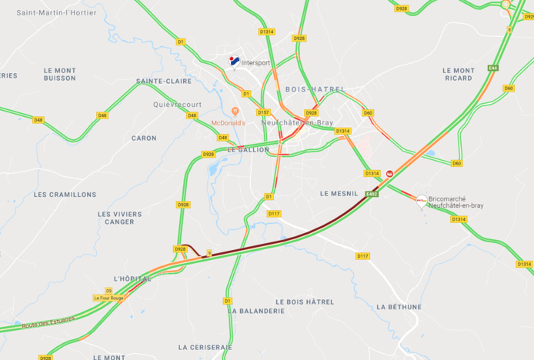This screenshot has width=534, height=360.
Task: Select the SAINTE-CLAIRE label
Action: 164,81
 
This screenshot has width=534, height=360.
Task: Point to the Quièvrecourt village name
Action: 178,105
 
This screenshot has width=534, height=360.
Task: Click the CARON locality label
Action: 144,138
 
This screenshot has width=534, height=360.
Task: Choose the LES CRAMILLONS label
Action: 65,195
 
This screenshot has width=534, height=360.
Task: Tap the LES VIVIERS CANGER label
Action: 119,218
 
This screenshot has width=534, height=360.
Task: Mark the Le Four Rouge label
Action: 108,298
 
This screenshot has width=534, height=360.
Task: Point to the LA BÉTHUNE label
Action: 399,307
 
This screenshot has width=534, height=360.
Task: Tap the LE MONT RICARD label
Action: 459,74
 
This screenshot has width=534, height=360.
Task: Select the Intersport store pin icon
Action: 234,61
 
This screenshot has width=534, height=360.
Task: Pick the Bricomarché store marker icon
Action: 421,199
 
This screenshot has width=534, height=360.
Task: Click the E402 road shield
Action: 372,195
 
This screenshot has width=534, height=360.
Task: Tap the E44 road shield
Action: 492,68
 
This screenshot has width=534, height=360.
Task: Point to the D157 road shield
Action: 263,112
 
